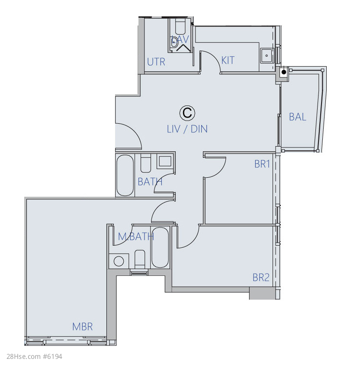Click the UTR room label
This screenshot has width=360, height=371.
[156, 62]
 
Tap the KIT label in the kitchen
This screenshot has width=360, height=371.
[228, 61]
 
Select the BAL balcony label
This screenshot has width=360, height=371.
[297, 117]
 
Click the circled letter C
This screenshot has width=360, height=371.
[187, 113]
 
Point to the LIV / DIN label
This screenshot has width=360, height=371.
[187, 129]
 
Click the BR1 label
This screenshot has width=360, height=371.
[262, 164]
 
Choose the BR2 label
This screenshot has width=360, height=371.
[261, 278]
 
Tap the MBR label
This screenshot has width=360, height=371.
[82, 327]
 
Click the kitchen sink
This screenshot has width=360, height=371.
[267, 56]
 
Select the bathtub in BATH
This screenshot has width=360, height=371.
[125, 175]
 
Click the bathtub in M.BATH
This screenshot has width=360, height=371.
[160, 247]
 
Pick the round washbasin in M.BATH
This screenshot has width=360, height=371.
[119, 261]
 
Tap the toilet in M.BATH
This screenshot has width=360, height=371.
[140, 259]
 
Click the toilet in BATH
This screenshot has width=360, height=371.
[146, 163]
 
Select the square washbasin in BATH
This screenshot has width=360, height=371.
[165, 161]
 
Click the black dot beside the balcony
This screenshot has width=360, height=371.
[284, 72]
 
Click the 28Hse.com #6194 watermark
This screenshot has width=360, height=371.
[34, 357]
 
